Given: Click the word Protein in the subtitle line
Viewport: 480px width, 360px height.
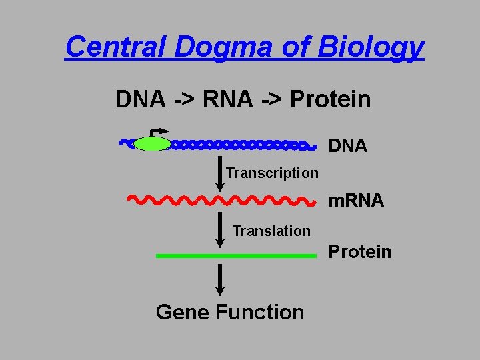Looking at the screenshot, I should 331,99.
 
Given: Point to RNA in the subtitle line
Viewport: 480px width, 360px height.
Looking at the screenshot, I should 227,99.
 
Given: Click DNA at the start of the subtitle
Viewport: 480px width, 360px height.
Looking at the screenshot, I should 140,99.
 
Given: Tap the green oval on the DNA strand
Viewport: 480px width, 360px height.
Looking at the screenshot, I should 152,143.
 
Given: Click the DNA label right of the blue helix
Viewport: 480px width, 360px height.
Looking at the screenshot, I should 348,146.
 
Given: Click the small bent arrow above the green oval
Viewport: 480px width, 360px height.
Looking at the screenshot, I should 159,132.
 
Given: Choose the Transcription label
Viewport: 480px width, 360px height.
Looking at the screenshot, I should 272,173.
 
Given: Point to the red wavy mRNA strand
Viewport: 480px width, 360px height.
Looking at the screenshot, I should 220,199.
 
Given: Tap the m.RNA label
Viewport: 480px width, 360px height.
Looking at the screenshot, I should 356,200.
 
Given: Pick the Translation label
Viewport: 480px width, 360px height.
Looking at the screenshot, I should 271,231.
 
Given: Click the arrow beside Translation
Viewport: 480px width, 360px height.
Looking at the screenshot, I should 220,229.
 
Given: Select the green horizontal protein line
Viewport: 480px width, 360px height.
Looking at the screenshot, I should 235,255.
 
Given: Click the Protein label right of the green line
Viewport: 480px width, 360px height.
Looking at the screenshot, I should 360,251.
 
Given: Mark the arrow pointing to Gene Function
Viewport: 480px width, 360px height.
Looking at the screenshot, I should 220,279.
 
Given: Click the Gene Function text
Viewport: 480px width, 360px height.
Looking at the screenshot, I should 230,311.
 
